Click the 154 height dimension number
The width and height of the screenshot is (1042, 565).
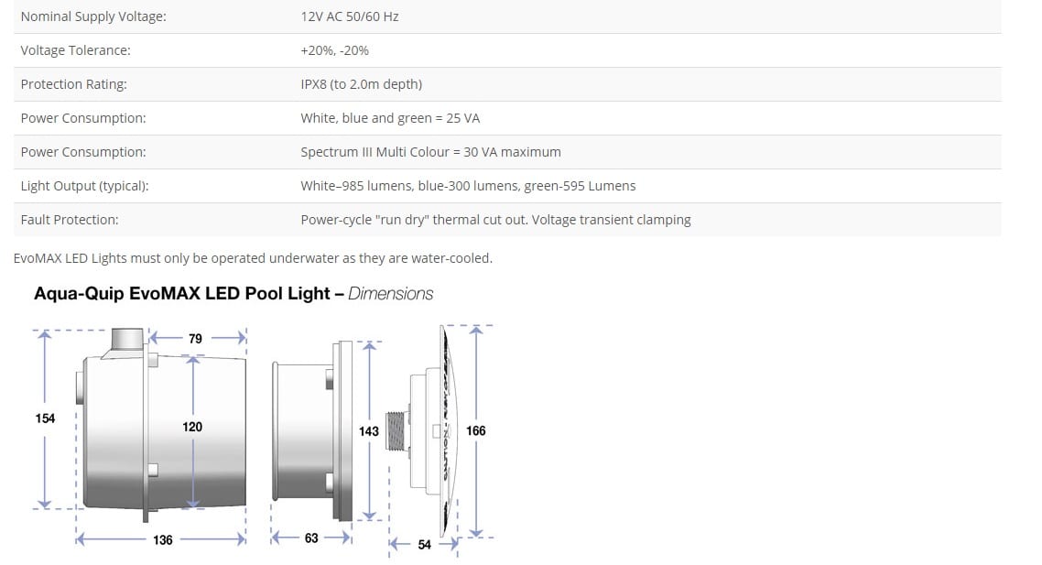point(45,418)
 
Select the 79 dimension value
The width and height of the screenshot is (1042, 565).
point(195,339)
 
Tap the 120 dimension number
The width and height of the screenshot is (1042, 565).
point(192,427)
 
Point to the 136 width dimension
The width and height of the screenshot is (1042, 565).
point(162,539)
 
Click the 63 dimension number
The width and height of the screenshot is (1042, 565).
point(311,538)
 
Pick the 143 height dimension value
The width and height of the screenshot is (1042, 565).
point(369,430)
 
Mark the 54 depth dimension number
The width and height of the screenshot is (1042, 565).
point(424,545)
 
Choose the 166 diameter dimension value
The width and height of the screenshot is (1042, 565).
point(476,430)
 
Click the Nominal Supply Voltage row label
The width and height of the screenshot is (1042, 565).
point(93,16)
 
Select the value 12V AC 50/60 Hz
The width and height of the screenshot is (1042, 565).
point(349,16)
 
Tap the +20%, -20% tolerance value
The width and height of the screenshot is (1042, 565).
point(334,50)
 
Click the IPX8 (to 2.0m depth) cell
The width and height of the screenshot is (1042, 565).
point(361,84)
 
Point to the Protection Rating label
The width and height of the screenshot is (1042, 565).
point(73,84)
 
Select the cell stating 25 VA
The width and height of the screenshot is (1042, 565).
point(390,118)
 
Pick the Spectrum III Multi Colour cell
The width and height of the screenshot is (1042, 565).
point(430,152)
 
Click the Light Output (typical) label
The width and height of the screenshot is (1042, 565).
point(84,186)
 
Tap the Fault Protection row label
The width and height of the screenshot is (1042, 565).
point(70,220)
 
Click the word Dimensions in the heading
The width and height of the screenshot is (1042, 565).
point(391,294)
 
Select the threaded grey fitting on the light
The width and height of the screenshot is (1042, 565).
point(396,430)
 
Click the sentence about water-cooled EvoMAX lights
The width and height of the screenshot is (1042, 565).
point(253,258)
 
